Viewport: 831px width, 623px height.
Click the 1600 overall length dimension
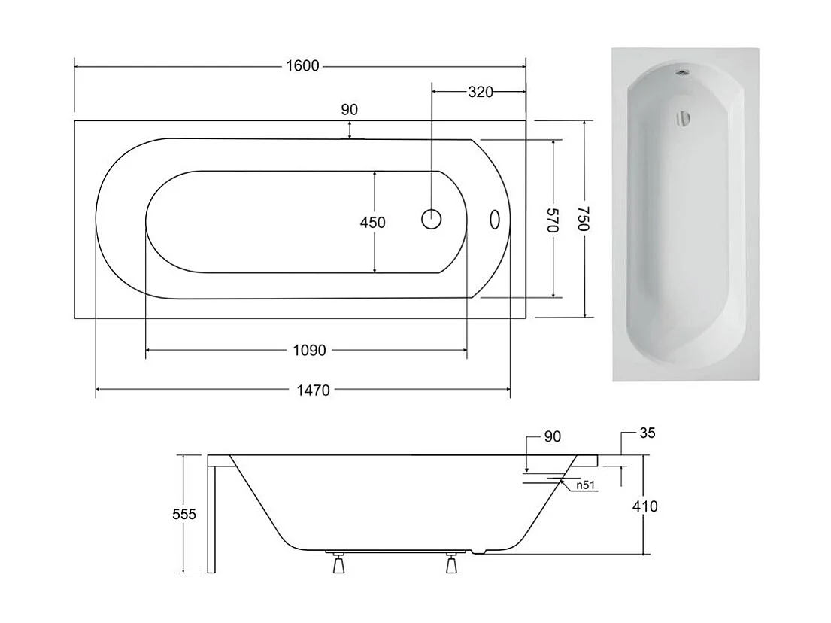click(302, 66)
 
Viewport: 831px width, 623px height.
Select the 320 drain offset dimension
click(480, 93)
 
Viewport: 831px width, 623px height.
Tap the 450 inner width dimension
click(372, 223)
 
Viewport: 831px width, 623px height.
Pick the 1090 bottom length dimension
click(308, 351)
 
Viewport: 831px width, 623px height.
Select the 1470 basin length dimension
click(312, 390)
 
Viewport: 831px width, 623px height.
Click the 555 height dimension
click(183, 515)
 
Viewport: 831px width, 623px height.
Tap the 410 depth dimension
click(644, 506)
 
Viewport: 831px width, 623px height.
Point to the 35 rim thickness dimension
click(648, 433)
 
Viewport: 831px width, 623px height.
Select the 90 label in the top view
click(350, 110)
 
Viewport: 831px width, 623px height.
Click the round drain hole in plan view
click(432, 219)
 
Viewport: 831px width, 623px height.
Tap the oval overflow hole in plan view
click(495, 219)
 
